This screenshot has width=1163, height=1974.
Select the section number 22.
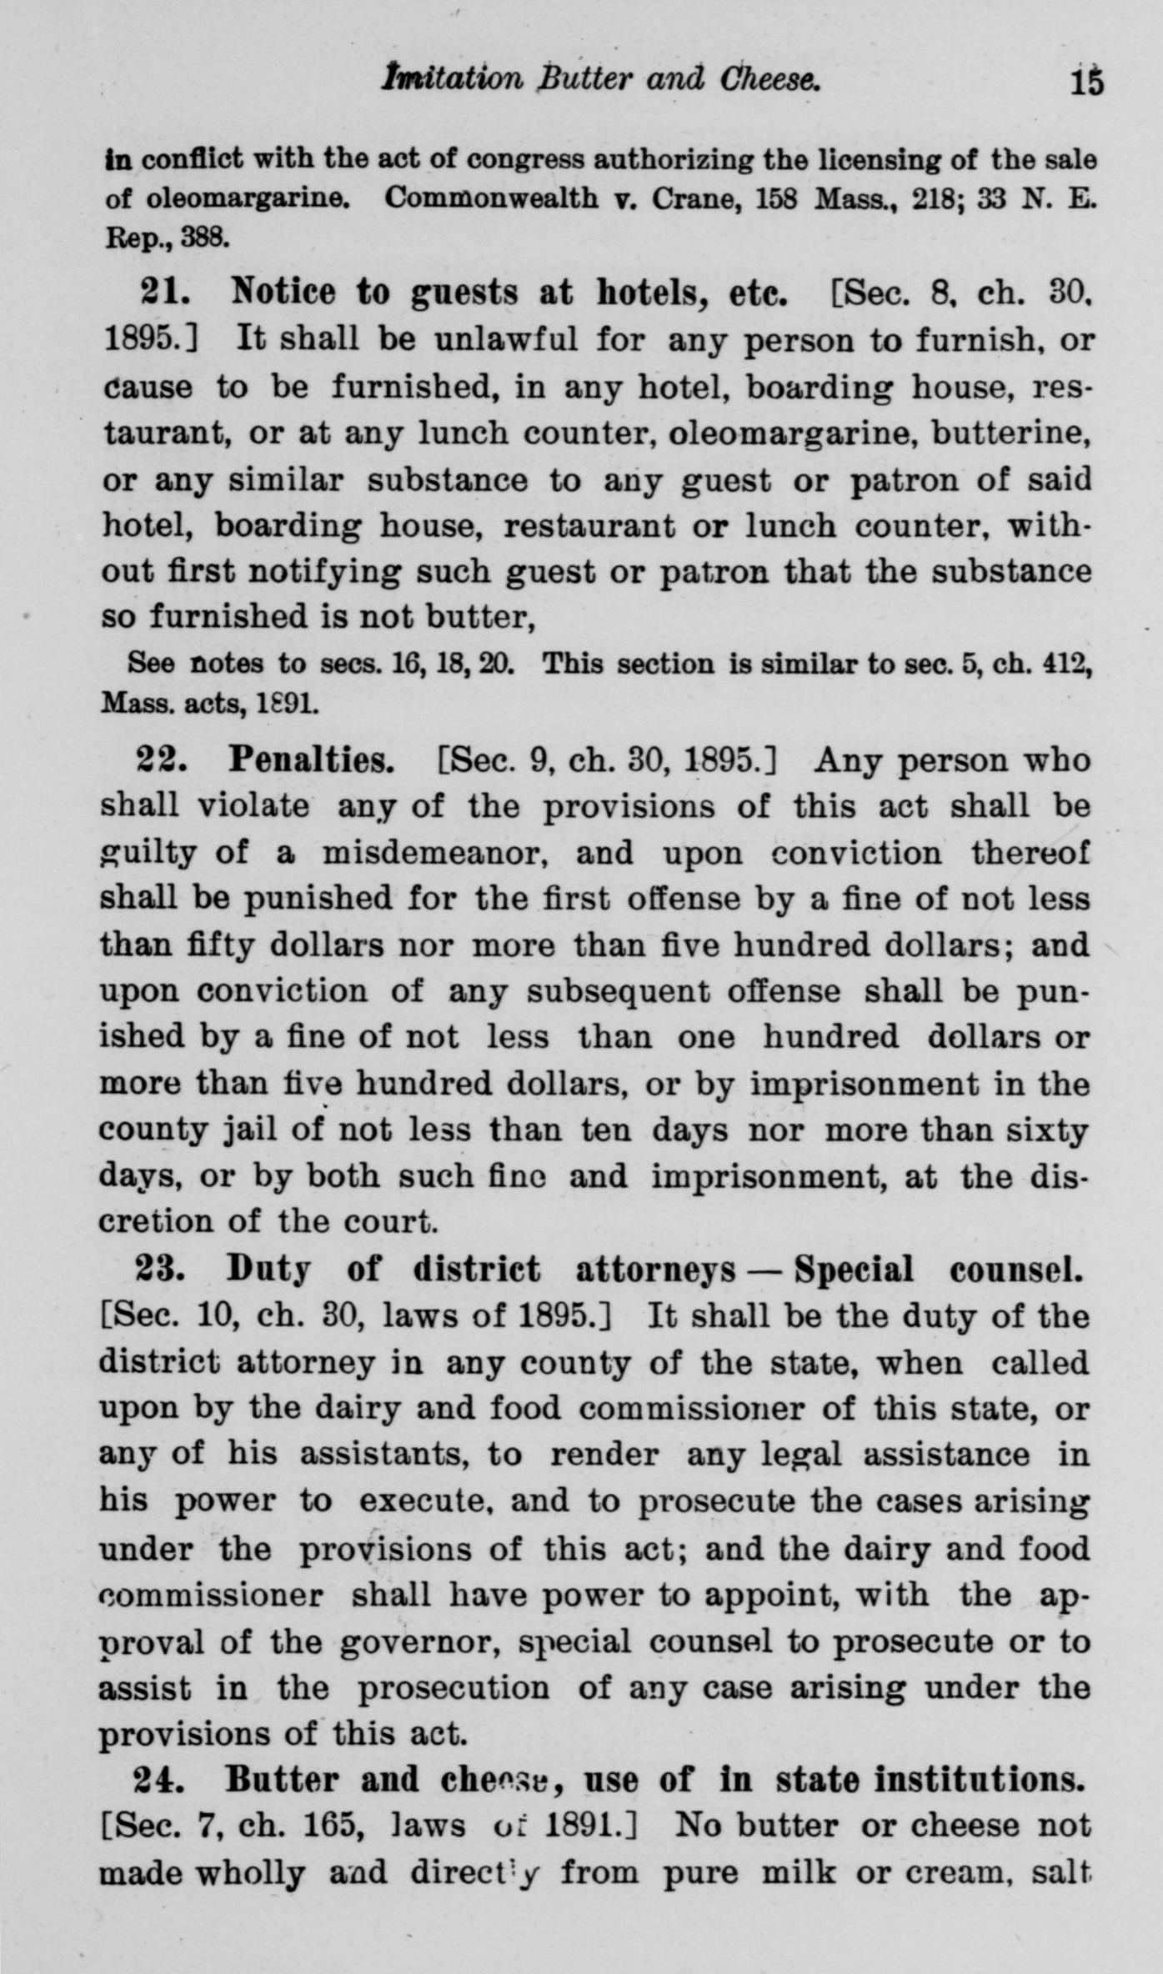tap(163, 760)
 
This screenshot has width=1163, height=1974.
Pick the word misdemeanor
tap(434, 853)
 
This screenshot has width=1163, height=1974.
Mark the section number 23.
tap(163, 1270)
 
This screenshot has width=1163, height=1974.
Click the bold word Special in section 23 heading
tap(854, 1270)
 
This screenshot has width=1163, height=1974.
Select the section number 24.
tap(163, 1780)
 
